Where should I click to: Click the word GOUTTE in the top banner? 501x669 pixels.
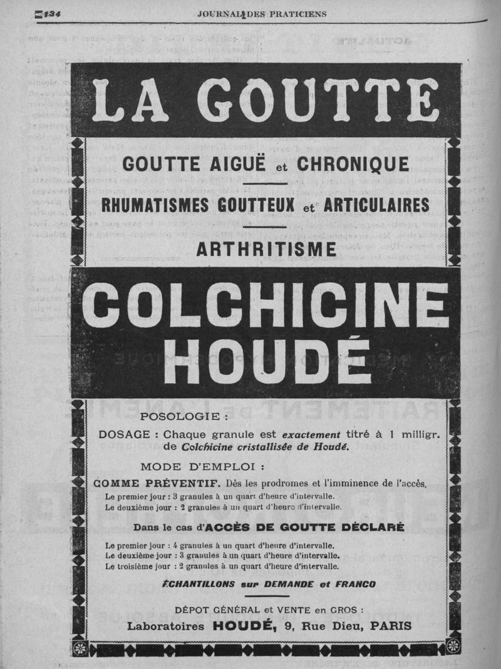point(319,101)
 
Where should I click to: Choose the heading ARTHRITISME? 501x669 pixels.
point(266,249)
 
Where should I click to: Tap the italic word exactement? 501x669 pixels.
point(311,434)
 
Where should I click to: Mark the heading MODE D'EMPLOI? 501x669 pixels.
point(202,466)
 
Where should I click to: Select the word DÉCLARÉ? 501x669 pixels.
point(363,527)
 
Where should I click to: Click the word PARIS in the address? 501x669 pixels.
point(391,626)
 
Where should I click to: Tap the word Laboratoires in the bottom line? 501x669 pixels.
point(167,626)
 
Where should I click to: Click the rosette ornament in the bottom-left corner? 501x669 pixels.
point(80,648)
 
